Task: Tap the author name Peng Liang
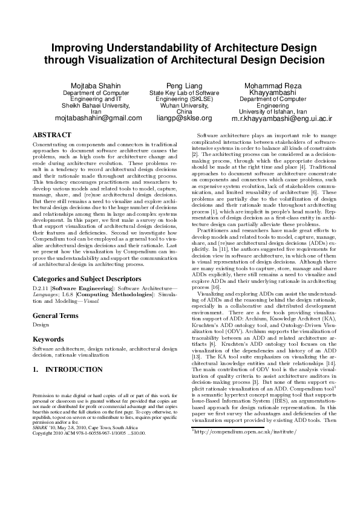click(176, 86)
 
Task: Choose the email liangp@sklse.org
click(176, 118)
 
